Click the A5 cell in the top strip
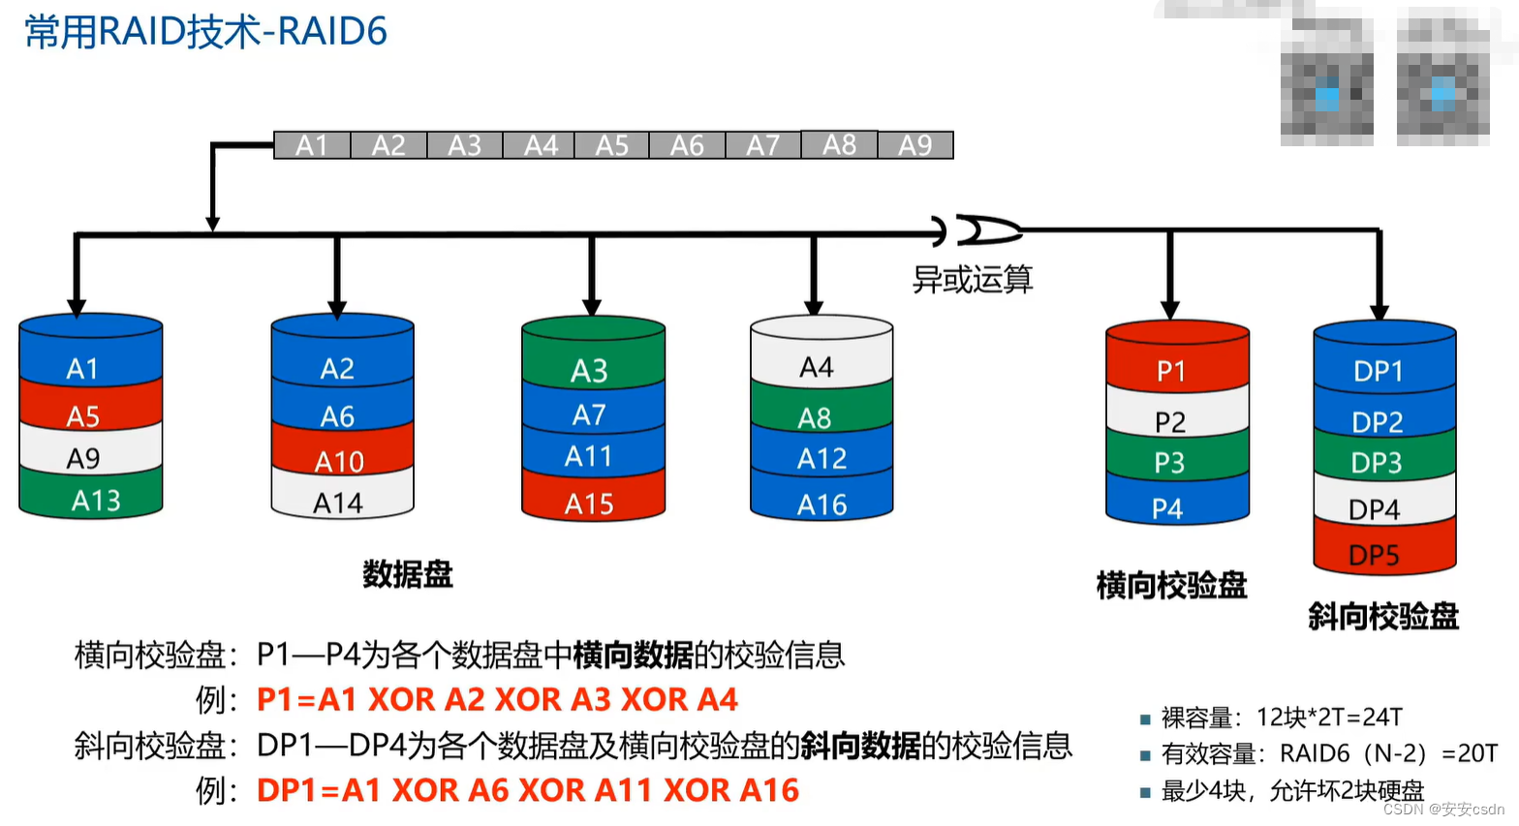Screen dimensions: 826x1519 [x=612, y=145]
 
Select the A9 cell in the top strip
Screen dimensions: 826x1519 [x=915, y=145]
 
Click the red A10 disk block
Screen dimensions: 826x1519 [x=339, y=461]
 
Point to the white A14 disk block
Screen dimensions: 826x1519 [x=338, y=503]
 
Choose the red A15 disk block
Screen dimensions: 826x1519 [x=590, y=504]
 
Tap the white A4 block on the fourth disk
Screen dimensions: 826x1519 [x=818, y=367]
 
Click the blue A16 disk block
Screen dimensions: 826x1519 [x=821, y=505]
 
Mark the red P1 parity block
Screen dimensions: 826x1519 [x=1172, y=371]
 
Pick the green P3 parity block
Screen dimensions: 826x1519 [x=1169, y=462]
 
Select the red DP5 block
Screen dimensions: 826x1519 [x=1375, y=555]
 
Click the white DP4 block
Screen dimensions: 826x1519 [x=1375, y=509]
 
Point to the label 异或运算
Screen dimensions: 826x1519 [x=973, y=280]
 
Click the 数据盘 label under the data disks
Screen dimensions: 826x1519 [x=408, y=574]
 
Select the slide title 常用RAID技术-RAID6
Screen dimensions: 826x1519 [x=205, y=32]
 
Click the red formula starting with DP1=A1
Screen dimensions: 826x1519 [x=528, y=790]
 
